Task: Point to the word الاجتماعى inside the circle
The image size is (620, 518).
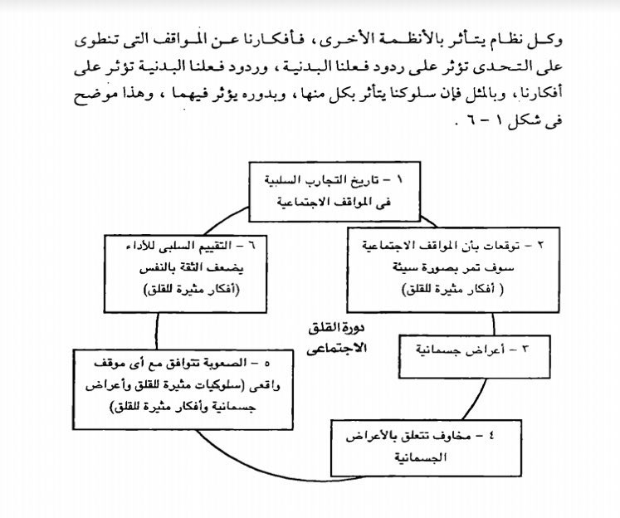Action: tap(335, 347)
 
